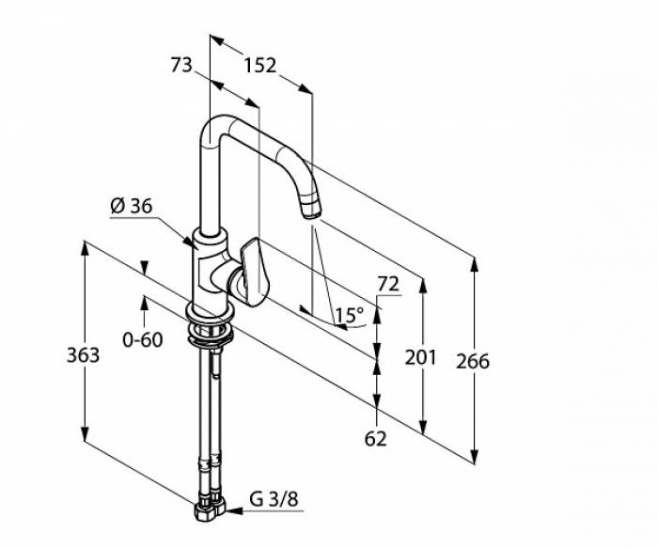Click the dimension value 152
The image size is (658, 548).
pos(260,66)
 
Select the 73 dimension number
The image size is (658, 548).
pos(181,65)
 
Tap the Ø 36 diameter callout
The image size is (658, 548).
pos(132,206)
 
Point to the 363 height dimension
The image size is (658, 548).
pos(83,355)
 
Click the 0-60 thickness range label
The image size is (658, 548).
pos(143,339)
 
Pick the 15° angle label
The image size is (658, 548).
pos(349,315)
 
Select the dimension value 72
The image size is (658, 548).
pos(388,284)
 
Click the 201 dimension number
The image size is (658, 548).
pos(420,358)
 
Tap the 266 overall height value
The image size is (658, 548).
pos(473,362)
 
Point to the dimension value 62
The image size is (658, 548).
pos(375,439)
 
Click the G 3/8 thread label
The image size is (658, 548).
pos(274,499)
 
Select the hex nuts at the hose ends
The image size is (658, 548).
pos(210,509)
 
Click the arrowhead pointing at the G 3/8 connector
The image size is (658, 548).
pos(234,511)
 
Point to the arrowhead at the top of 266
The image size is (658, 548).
pos(474,264)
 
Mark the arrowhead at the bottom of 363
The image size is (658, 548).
pos(85,433)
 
